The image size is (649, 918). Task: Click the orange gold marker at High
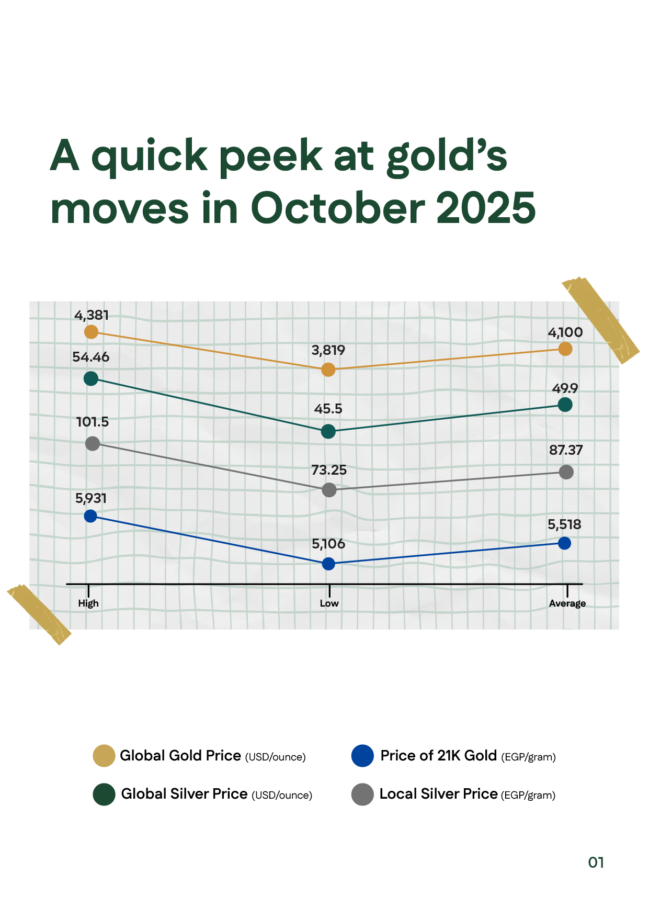(x=91, y=332)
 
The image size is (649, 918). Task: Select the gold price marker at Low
(x=328, y=370)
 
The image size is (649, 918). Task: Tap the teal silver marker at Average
(x=565, y=405)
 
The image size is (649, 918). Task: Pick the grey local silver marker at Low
(x=329, y=490)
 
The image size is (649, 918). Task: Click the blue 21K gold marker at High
(x=90, y=516)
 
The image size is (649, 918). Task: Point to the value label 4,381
(x=92, y=316)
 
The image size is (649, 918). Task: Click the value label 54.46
(x=91, y=357)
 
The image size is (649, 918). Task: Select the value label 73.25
(x=329, y=470)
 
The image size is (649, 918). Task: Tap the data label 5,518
(x=564, y=524)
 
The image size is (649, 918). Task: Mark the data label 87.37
(x=565, y=450)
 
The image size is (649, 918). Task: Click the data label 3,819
(x=328, y=350)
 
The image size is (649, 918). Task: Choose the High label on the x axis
(x=88, y=603)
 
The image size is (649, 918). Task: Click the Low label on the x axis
(x=329, y=603)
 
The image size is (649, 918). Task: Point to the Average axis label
(x=567, y=603)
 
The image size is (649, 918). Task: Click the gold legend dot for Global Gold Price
(x=104, y=756)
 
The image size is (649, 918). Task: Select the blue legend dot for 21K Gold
(x=362, y=756)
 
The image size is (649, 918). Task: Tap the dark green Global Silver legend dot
(x=104, y=794)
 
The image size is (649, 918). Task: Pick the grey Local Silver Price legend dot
(x=362, y=794)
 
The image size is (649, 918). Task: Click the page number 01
(x=596, y=863)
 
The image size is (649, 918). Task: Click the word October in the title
(x=338, y=208)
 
